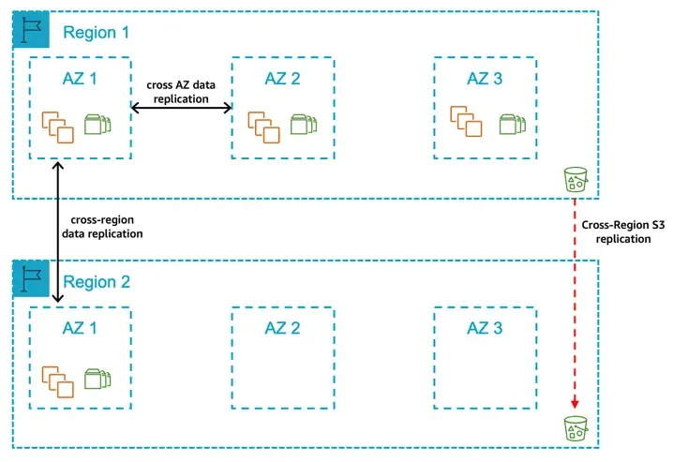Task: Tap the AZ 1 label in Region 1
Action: pos(81,79)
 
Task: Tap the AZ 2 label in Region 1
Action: pos(282,79)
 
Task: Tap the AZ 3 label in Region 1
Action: pos(485,79)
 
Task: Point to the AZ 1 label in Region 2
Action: pos(81,328)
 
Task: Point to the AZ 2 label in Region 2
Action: pos(282,328)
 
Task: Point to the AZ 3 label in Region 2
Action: pos(485,328)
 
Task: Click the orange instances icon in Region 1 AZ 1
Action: pos(58,126)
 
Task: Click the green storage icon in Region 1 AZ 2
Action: pos(301,125)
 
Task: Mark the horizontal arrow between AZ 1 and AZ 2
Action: pos(180,110)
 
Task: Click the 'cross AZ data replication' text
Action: pos(180,90)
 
